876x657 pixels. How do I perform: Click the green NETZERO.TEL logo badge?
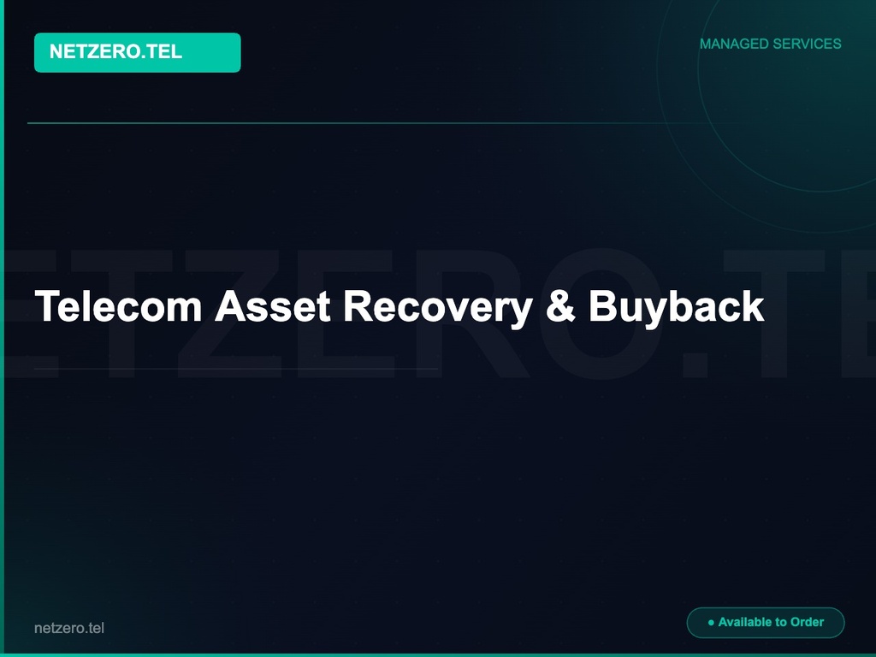click(137, 52)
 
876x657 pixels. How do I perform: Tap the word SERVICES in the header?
click(808, 44)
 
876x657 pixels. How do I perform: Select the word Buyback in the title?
click(676, 306)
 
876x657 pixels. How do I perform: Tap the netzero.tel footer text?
click(69, 628)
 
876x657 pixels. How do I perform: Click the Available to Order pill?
click(766, 623)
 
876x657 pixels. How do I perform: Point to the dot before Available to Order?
click(711, 623)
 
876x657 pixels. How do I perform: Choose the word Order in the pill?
click(807, 623)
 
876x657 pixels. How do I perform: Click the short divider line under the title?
click(235, 369)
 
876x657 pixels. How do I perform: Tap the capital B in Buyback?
click(601, 306)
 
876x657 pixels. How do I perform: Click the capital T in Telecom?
click(44, 306)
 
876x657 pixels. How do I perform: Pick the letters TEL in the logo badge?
click(166, 52)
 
